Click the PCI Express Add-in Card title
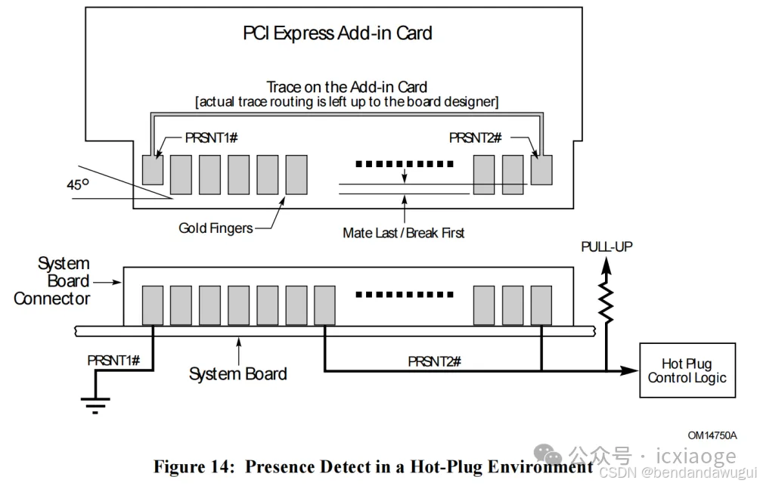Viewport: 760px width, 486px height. click(337, 33)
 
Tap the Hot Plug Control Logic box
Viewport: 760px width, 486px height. click(687, 371)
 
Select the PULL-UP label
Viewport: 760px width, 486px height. click(607, 247)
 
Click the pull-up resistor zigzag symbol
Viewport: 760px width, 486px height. click(606, 299)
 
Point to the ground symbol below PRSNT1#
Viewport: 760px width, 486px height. click(95, 407)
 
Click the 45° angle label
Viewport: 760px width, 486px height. click(79, 184)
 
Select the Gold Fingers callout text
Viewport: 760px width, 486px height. click(216, 228)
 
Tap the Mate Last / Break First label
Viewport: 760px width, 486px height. click(403, 233)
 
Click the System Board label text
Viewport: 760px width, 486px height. click(237, 373)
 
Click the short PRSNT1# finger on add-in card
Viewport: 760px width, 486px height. click(153, 169)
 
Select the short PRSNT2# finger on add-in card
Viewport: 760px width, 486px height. click(541, 169)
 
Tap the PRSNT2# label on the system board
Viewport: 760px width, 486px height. click(434, 361)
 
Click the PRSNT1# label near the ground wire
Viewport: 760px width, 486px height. click(113, 360)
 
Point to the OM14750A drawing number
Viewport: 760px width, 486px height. click(712, 435)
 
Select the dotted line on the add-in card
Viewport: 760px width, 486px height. click(405, 163)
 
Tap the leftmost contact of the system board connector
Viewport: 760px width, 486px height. click(153, 305)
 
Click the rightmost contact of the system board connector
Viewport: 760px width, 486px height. click(541, 305)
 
